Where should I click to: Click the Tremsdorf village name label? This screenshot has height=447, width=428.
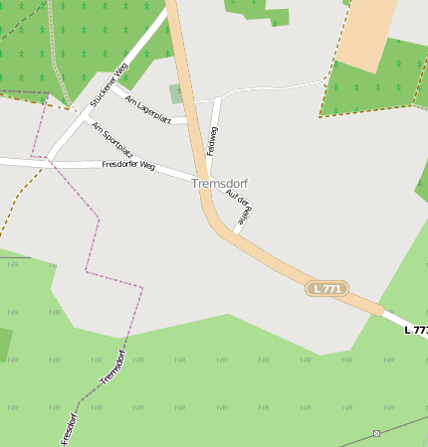pyautogui.click(x=220, y=184)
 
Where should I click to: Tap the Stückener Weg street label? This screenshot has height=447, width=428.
pyautogui.click(x=108, y=85)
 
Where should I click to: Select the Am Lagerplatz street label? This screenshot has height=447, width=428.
pyautogui.click(x=148, y=108)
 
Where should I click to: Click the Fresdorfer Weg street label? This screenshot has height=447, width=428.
pyautogui.click(x=128, y=165)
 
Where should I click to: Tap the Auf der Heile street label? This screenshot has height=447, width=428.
pyautogui.click(x=239, y=205)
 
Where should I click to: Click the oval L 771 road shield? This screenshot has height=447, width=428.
pyautogui.click(x=325, y=288)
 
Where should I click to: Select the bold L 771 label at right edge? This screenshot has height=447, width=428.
pyautogui.click(x=417, y=329)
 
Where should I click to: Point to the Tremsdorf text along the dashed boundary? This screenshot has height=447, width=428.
pyautogui.click(x=112, y=367)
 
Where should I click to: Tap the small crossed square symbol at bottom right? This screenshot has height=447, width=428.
pyautogui.click(x=376, y=433)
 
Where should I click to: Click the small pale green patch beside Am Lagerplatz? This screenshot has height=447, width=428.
pyautogui.click(x=176, y=94)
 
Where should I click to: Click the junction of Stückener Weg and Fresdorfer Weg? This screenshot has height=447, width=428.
pyautogui.click(x=48, y=160)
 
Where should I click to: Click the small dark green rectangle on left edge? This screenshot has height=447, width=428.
pyautogui.click(x=5, y=344)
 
